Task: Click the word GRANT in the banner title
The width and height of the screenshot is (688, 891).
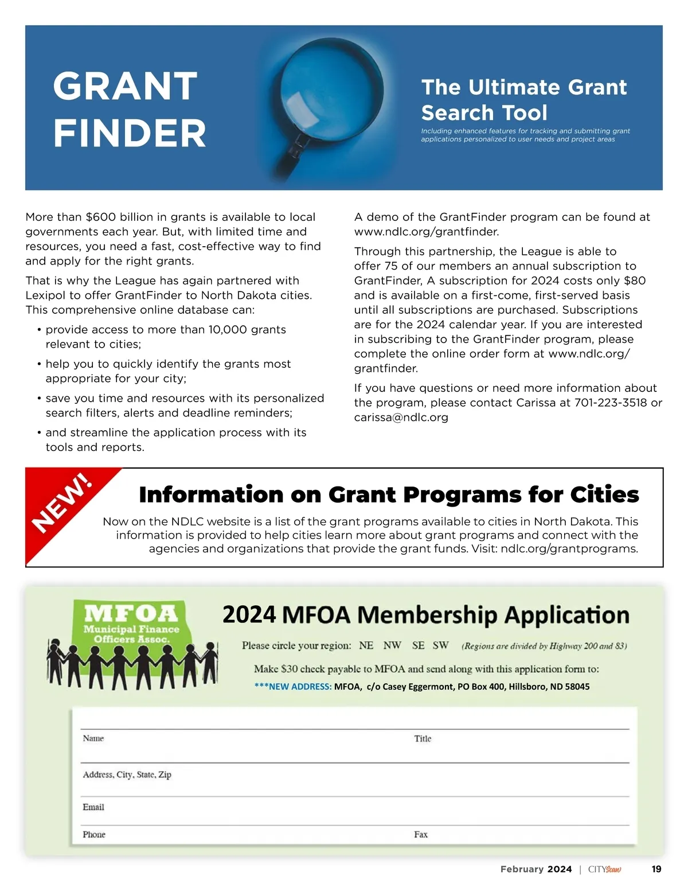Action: [x=125, y=87]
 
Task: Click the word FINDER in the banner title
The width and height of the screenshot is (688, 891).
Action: [x=130, y=134]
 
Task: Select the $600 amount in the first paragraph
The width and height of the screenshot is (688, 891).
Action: [x=101, y=217]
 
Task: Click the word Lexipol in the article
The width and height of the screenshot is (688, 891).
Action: [x=47, y=295]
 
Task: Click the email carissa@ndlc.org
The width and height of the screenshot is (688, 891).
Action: [x=401, y=418]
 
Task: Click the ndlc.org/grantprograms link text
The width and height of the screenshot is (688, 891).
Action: [x=569, y=549]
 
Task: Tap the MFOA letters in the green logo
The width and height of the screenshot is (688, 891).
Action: [x=131, y=614]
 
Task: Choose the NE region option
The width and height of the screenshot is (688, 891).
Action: [x=366, y=645]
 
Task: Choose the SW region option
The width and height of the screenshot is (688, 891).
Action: [x=440, y=645]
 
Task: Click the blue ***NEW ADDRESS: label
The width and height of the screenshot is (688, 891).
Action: [x=293, y=687]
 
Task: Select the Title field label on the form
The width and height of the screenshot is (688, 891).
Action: [x=423, y=739]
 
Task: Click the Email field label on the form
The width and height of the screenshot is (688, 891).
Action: [x=93, y=807]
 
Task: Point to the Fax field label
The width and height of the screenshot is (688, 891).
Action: [x=421, y=835]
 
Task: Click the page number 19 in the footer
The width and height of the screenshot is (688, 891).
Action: [x=656, y=869]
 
